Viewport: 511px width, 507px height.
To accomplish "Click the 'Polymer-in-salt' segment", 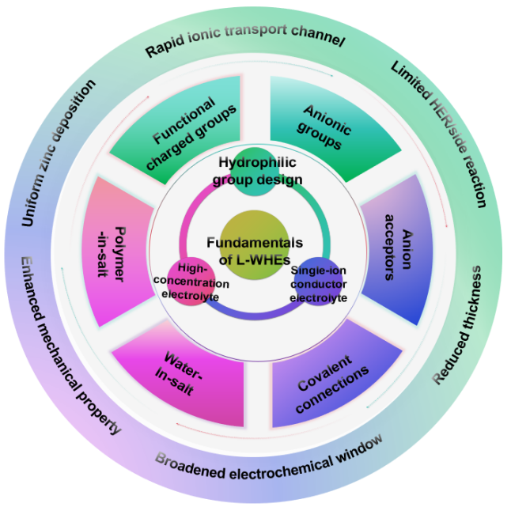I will (119, 254).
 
